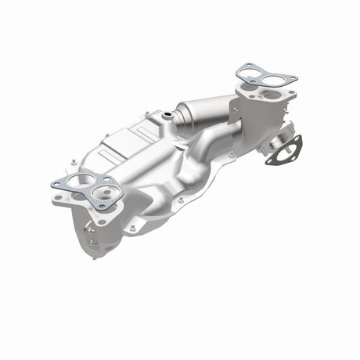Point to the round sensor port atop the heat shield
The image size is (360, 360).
point(167,117)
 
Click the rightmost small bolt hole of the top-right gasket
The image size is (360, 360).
point(293,77)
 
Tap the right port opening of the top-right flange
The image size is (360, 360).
point(272,95)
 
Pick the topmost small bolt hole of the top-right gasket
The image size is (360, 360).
point(249,66)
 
